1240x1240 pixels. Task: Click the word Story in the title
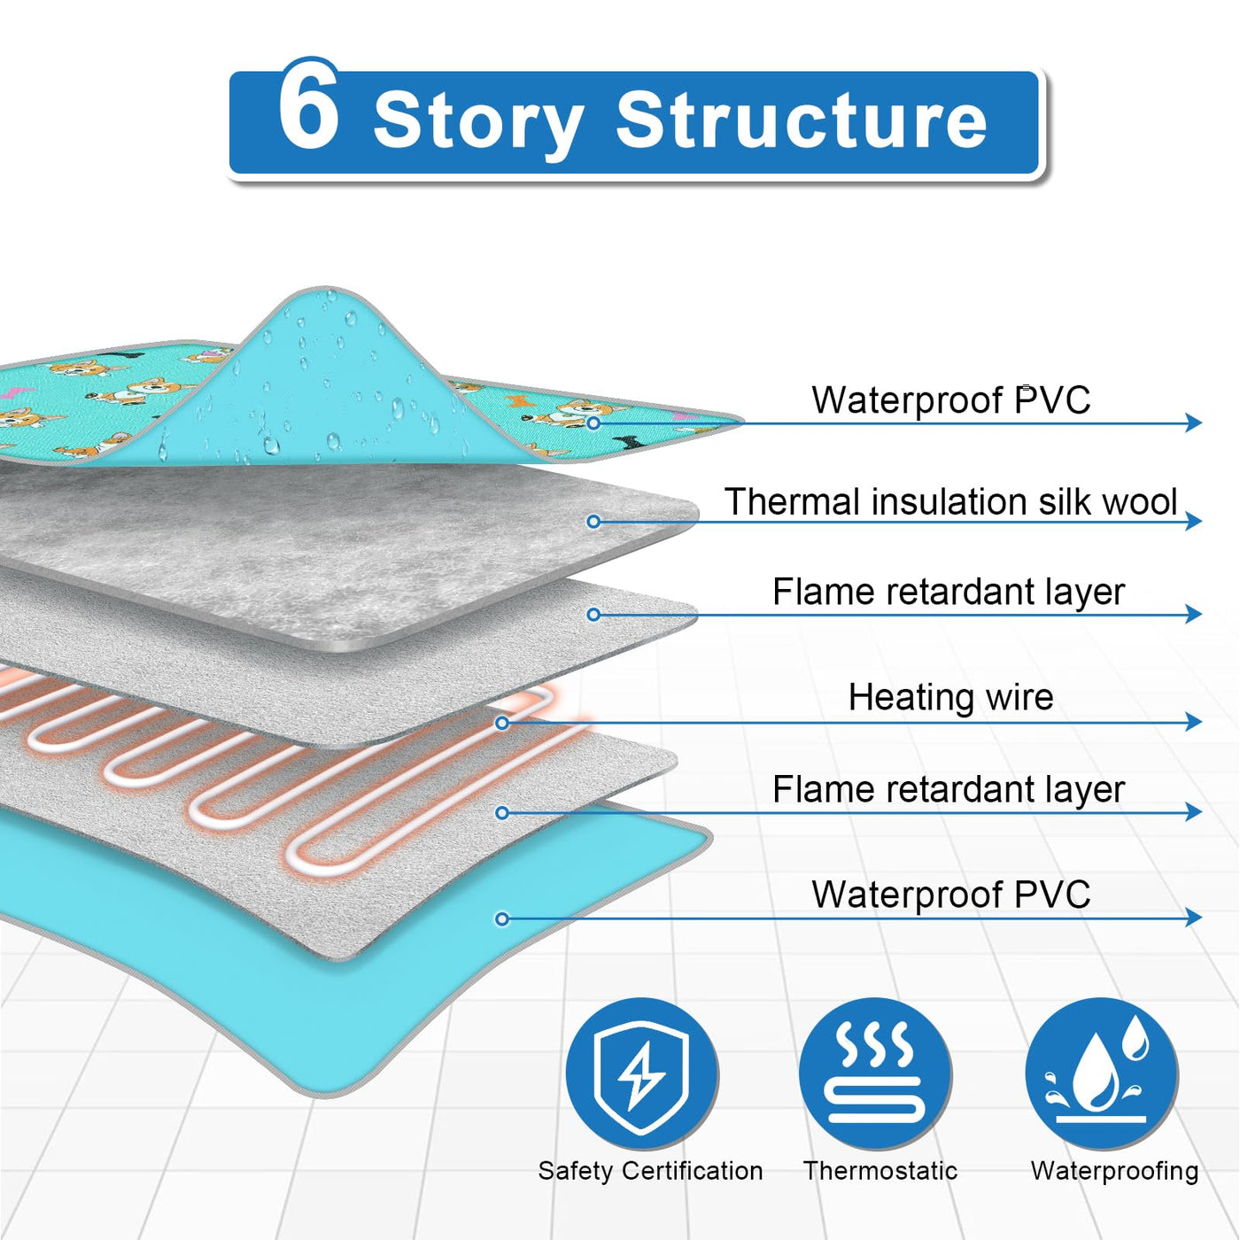click(x=478, y=122)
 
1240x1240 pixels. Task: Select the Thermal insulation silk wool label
click(x=950, y=501)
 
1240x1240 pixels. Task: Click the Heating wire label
click(x=950, y=697)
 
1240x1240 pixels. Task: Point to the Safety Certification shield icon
click(x=642, y=1073)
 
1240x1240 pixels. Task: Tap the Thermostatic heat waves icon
click(x=875, y=1073)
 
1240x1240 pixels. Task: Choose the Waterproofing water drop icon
click(x=1102, y=1073)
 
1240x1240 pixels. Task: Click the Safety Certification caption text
click(x=650, y=1171)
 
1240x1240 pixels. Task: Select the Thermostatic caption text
click(x=880, y=1171)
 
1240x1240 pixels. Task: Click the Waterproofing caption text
click(x=1114, y=1171)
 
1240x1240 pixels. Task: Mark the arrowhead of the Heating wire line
click(x=1194, y=722)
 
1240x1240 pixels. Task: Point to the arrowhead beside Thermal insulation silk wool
click(x=1194, y=521)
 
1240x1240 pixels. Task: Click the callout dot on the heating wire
click(x=502, y=724)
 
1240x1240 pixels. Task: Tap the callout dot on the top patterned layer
click(x=593, y=423)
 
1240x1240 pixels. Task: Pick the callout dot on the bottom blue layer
click(x=502, y=919)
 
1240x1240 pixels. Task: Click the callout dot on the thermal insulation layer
click(x=593, y=522)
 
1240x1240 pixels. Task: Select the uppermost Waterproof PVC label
click(x=950, y=400)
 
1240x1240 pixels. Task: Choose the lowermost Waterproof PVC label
click(x=950, y=895)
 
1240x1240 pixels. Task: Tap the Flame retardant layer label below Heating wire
click(x=948, y=789)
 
